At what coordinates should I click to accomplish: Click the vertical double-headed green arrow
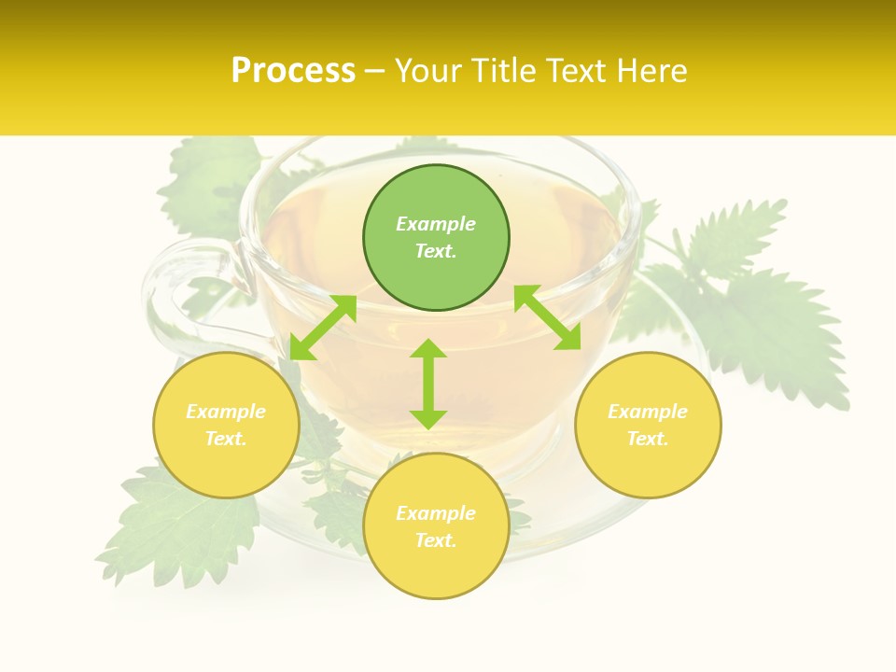[x=428, y=384]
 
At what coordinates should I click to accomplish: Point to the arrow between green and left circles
[x=323, y=327]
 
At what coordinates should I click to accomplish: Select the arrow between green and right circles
[x=547, y=317]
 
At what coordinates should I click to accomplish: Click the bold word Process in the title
[x=293, y=71]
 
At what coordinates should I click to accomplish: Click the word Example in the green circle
[x=436, y=224]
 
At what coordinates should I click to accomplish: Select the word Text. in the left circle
[x=226, y=439]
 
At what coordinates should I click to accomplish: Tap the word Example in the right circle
[x=648, y=412]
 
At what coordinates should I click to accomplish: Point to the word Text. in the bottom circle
[x=436, y=540]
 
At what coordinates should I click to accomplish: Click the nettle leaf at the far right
[x=765, y=317]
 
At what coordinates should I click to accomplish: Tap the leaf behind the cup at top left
[x=210, y=182]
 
